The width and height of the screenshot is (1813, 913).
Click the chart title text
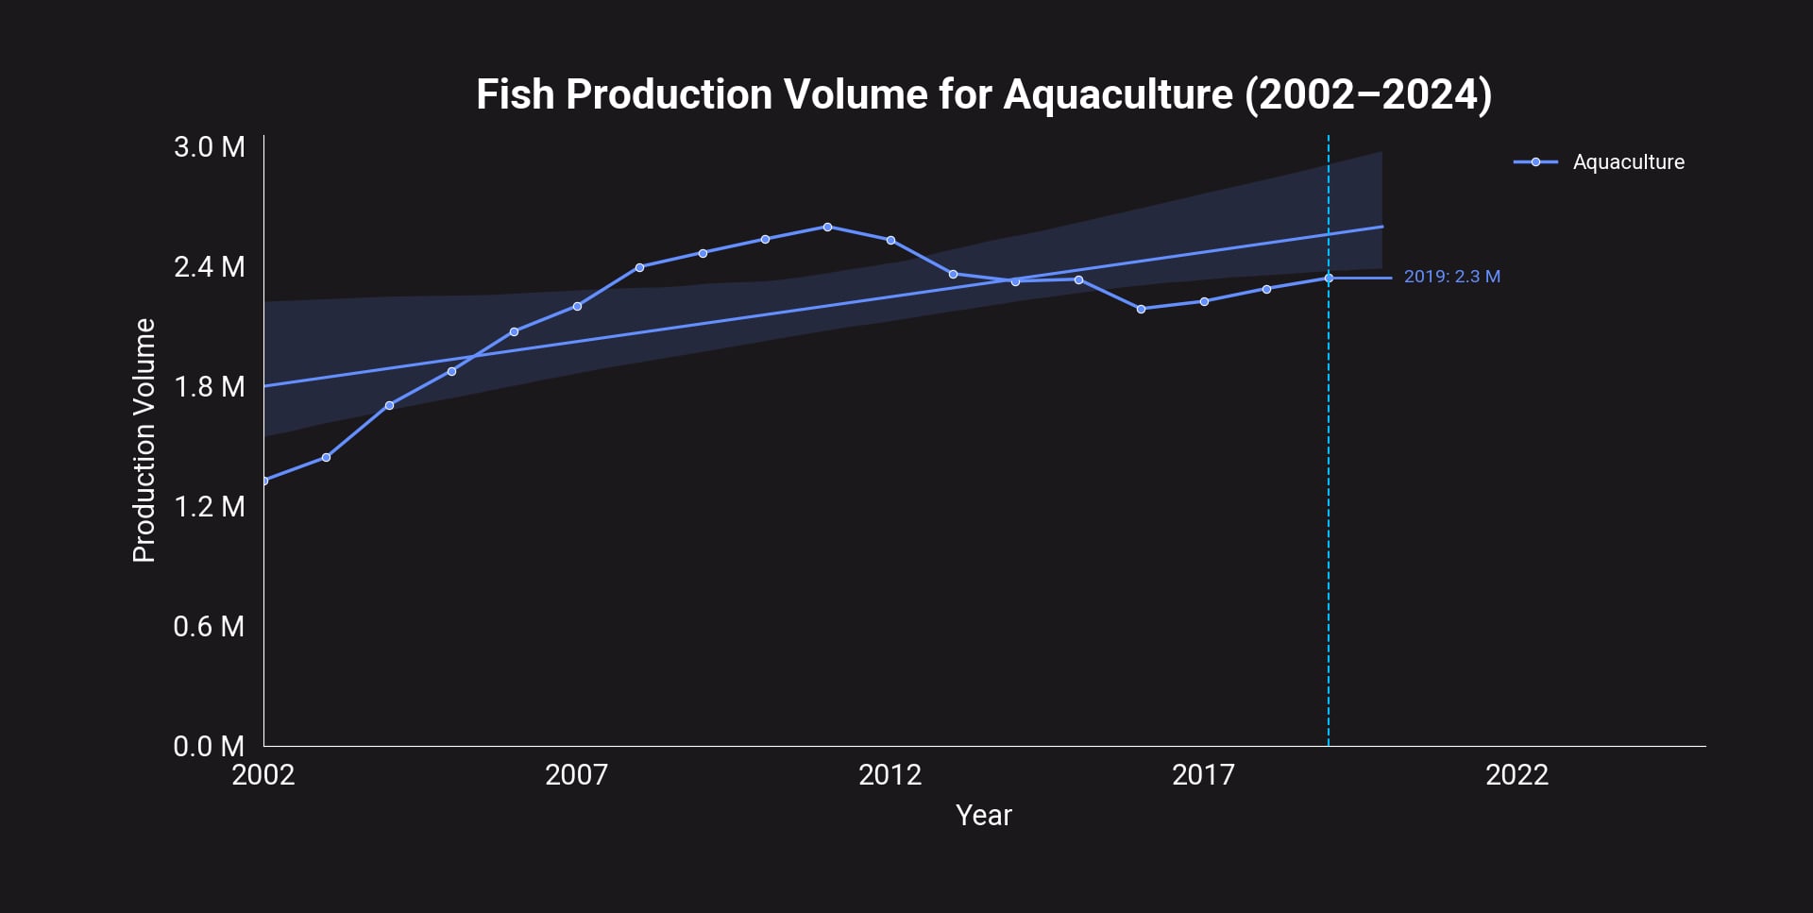point(983,94)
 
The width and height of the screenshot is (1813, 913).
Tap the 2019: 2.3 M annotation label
point(1451,277)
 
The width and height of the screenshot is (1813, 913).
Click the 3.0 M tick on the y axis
point(209,147)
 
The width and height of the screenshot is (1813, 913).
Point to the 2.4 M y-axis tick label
point(209,267)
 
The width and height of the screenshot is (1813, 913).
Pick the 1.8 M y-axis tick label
point(209,387)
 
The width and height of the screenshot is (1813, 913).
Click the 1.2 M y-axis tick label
point(209,507)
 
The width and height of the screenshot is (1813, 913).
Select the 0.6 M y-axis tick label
point(209,627)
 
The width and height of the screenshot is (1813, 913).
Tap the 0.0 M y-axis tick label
point(209,747)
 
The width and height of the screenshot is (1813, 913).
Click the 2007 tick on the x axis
point(576,775)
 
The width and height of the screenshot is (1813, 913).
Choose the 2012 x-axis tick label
point(890,775)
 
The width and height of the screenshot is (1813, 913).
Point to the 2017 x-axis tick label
point(1203,775)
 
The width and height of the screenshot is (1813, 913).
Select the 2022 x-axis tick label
point(1516,775)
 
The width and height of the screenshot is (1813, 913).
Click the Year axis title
point(983,816)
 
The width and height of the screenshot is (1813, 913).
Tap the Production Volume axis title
point(144,440)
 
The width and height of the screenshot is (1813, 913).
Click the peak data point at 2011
point(827,227)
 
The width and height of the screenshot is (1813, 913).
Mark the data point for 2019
point(1329,278)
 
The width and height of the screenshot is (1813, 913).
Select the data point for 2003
point(326,458)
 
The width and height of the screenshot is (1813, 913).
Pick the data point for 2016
point(1141,309)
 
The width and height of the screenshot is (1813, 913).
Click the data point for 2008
point(639,267)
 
